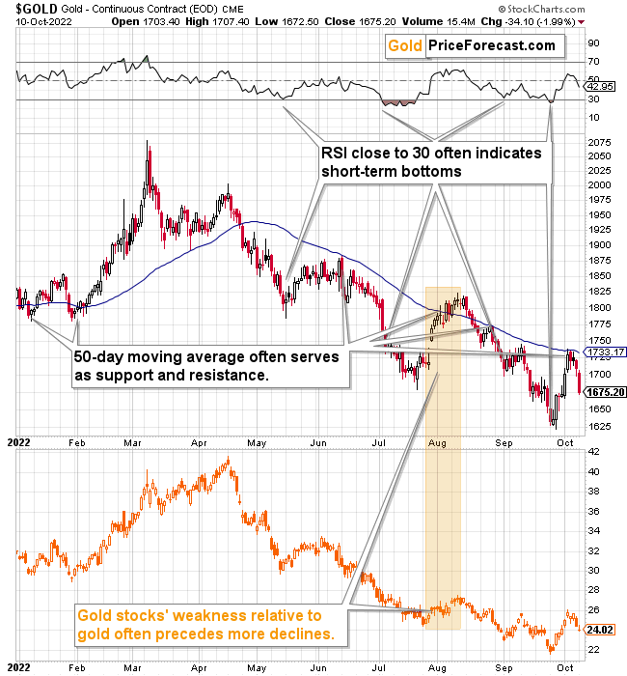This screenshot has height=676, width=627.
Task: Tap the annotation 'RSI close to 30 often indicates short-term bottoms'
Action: [x=431, y=161]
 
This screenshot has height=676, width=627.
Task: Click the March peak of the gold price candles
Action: [x=147, y=144]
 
